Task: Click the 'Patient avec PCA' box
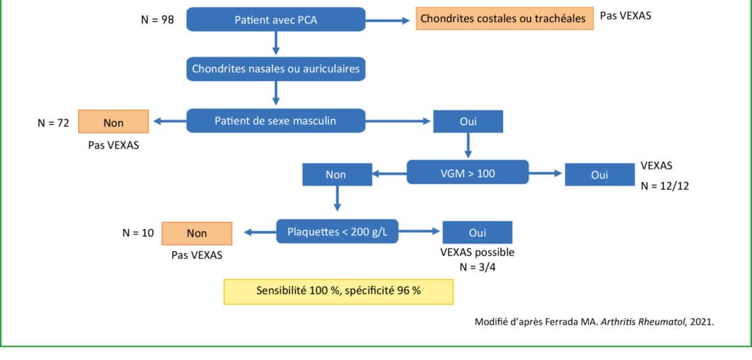pyautogui.click(x=276, y=20)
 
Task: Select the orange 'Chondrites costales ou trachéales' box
pyautogui.click(x=504, y=19)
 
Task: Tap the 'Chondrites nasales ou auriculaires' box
pyautogui.click(x=276, y=69)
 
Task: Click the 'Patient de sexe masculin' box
pyautogui.click(x=276, y=121)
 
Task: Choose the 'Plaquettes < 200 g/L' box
pyautogui.click(x=337, y=232)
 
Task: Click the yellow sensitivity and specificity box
pyautogui.click(x=338, y=291)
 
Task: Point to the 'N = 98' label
pyautogui.click(x=158, y=20)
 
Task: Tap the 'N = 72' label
pyautogui.click(x=53, y=123)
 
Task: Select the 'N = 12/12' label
pyautogui.click(x=665, y=186)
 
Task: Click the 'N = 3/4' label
pyautogui.click(x=477, y=267)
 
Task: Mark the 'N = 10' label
pyautogui.click(x=138, y=233)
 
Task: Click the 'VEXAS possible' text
pyautogui.click(x=477, y=253)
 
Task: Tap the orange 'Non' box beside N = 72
pyautogui.click(x=113, y=122)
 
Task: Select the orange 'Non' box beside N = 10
pyautogui.click(x=197, y=234)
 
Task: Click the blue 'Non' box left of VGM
pyautogui.click(x=337, y=174)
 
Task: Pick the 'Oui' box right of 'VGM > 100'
pyautogui.click(x=599, y=174)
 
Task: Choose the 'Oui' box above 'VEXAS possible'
pyautogui.click(x=477, y=232)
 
